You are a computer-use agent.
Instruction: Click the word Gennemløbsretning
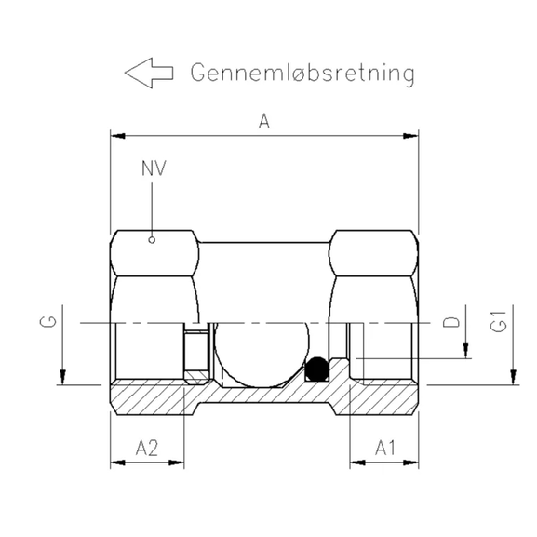tap(302, 74)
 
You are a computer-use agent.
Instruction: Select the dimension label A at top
tap(263, 122)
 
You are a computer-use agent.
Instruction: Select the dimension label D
tap(451, 323)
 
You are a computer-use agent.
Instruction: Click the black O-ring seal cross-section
tap(317, 369)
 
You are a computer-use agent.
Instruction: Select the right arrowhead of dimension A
tap(410, 137)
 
